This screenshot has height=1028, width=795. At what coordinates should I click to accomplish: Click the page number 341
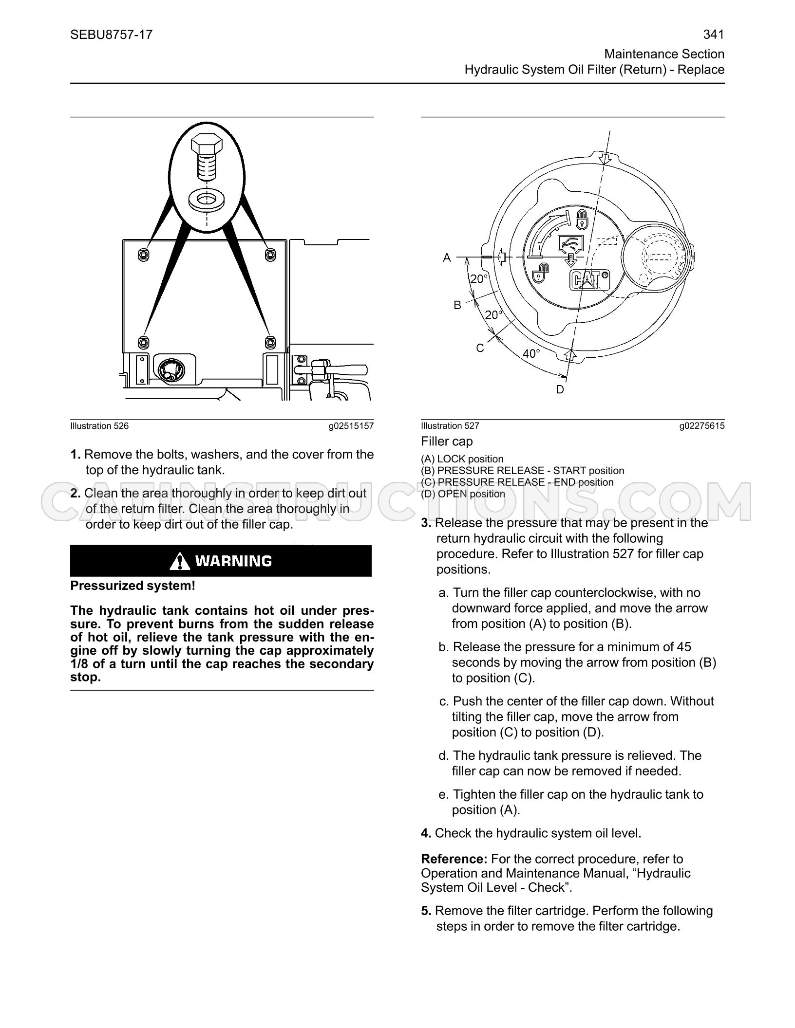(x=714, y=35)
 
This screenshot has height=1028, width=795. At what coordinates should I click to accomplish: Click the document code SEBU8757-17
(x=112, y=35)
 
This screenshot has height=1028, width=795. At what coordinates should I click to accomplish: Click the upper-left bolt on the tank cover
(x=143, y=255)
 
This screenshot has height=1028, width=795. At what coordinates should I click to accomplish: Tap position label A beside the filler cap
(x=447, y=258)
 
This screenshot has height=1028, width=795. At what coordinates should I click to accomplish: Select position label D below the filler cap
(x=560, y=389)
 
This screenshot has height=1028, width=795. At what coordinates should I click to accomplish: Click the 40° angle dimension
(x=531, y=353)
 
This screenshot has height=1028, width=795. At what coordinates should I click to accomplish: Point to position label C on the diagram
(x=480, y=348)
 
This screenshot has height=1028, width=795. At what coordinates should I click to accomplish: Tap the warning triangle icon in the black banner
(x=180, y=561)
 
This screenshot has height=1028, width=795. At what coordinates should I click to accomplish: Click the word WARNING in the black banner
(x=233, y=561)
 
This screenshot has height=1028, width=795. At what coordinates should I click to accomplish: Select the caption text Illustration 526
(x=99, y=426)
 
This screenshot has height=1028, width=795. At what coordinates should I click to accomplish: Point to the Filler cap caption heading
(x=447, y=441)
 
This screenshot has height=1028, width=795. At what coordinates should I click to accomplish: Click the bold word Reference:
(x=454, y=859)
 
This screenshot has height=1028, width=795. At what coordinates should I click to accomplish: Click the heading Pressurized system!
(x=132, y=586)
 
